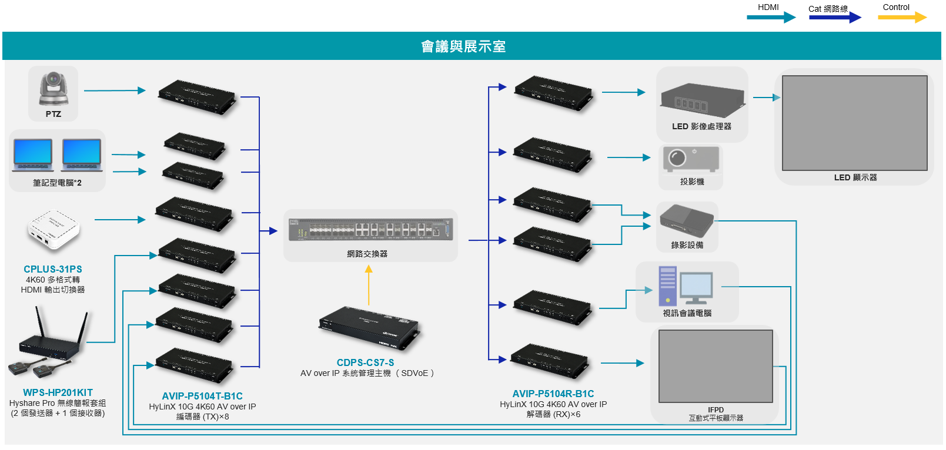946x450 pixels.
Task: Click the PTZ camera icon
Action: (54, 88)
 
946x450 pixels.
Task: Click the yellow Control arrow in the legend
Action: (901, 18)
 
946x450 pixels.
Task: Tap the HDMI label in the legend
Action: (768, 7)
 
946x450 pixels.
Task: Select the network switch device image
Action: (371, 230)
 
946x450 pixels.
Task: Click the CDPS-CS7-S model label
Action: (365, 362)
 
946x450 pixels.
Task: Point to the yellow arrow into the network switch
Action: (369, 285)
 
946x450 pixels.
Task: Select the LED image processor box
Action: (702, 100)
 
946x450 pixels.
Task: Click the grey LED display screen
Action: (854, 123)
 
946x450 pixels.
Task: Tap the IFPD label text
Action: (716, 410)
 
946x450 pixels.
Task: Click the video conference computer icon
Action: (686, 286)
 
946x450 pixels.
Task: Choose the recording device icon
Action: (686, 221)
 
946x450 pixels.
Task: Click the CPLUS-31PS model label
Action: (53, 269)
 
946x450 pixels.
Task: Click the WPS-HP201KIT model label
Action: (58, 392)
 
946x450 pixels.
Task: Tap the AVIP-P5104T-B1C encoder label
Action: (202, 396)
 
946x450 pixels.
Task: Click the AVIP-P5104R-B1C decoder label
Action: (553, 394)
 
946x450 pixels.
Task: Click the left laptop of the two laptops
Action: (33, 154)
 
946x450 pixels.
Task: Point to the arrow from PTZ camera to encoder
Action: (114, 90)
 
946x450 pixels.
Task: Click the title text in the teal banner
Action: (463, 46)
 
